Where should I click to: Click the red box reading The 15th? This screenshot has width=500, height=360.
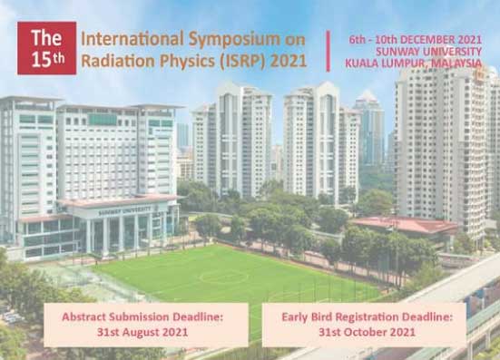(x=47, y=48)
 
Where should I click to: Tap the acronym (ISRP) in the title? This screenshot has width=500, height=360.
(x=242, y=61)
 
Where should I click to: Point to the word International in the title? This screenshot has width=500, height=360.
(x=132, y=39)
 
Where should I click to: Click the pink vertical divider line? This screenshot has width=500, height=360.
(x=328, y=51)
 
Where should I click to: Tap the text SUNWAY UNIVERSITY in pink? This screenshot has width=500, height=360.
(x=428, y=52)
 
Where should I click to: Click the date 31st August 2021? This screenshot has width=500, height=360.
(x=142, y=332)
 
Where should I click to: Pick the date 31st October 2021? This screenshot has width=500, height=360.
(x=367, y=332)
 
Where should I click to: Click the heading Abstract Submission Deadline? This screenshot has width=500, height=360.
(x=142, y=317)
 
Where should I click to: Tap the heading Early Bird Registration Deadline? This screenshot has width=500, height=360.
(x=367, y=317)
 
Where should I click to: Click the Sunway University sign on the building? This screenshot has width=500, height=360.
(x=124, y=210)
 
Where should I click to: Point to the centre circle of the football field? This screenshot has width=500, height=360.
(x=223, y=277)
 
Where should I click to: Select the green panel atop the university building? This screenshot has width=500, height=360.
(x=103, y=120)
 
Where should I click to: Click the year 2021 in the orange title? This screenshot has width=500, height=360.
(x=289, y=61)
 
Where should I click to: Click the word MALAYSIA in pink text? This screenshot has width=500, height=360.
(x=456, y=63)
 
